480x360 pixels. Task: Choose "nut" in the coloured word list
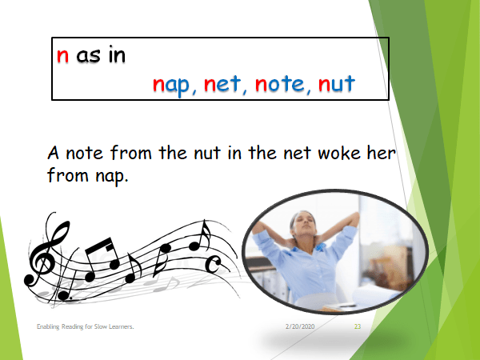tap(336, 84)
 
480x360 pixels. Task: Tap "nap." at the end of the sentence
tap(107, 176)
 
